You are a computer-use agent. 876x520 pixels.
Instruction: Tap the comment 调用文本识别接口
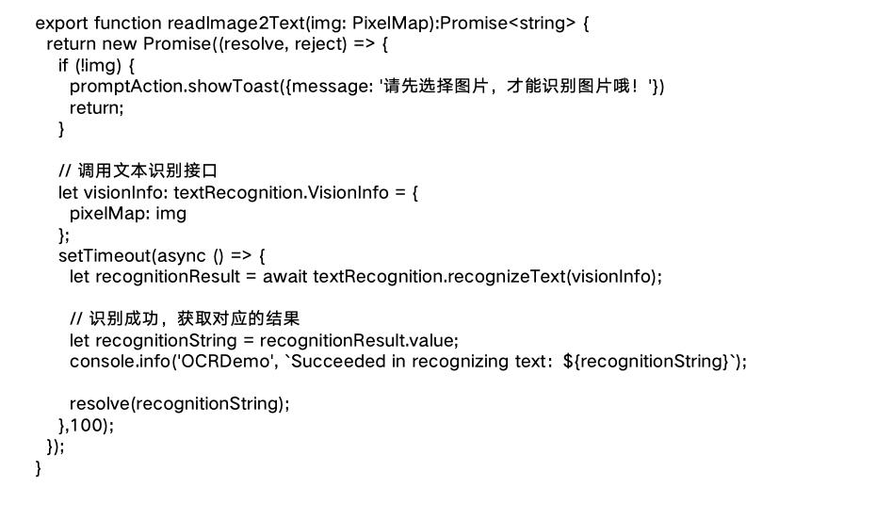click(x=148, y=171)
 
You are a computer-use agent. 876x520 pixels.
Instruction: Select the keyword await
click(x=285, y=276)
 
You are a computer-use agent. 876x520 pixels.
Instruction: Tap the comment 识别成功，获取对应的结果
click(x=196, y=319)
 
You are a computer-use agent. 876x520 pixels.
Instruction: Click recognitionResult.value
click(x=358, y=340)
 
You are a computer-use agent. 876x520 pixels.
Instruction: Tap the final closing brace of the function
click(x=39, y=467)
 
